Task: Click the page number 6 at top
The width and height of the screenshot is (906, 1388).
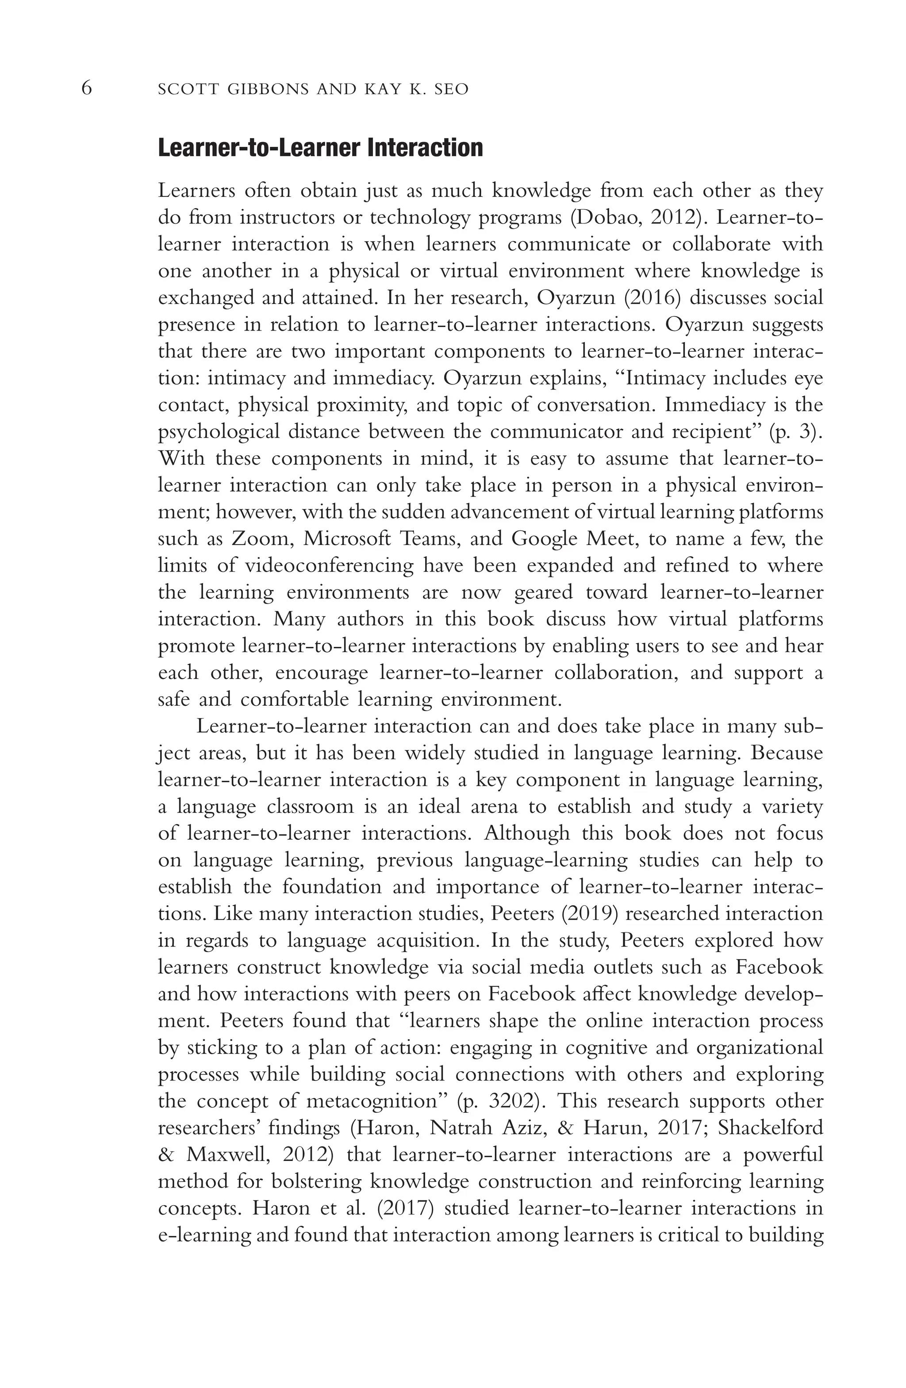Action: pos(86,88)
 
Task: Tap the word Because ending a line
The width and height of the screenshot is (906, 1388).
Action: pos(787,753)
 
